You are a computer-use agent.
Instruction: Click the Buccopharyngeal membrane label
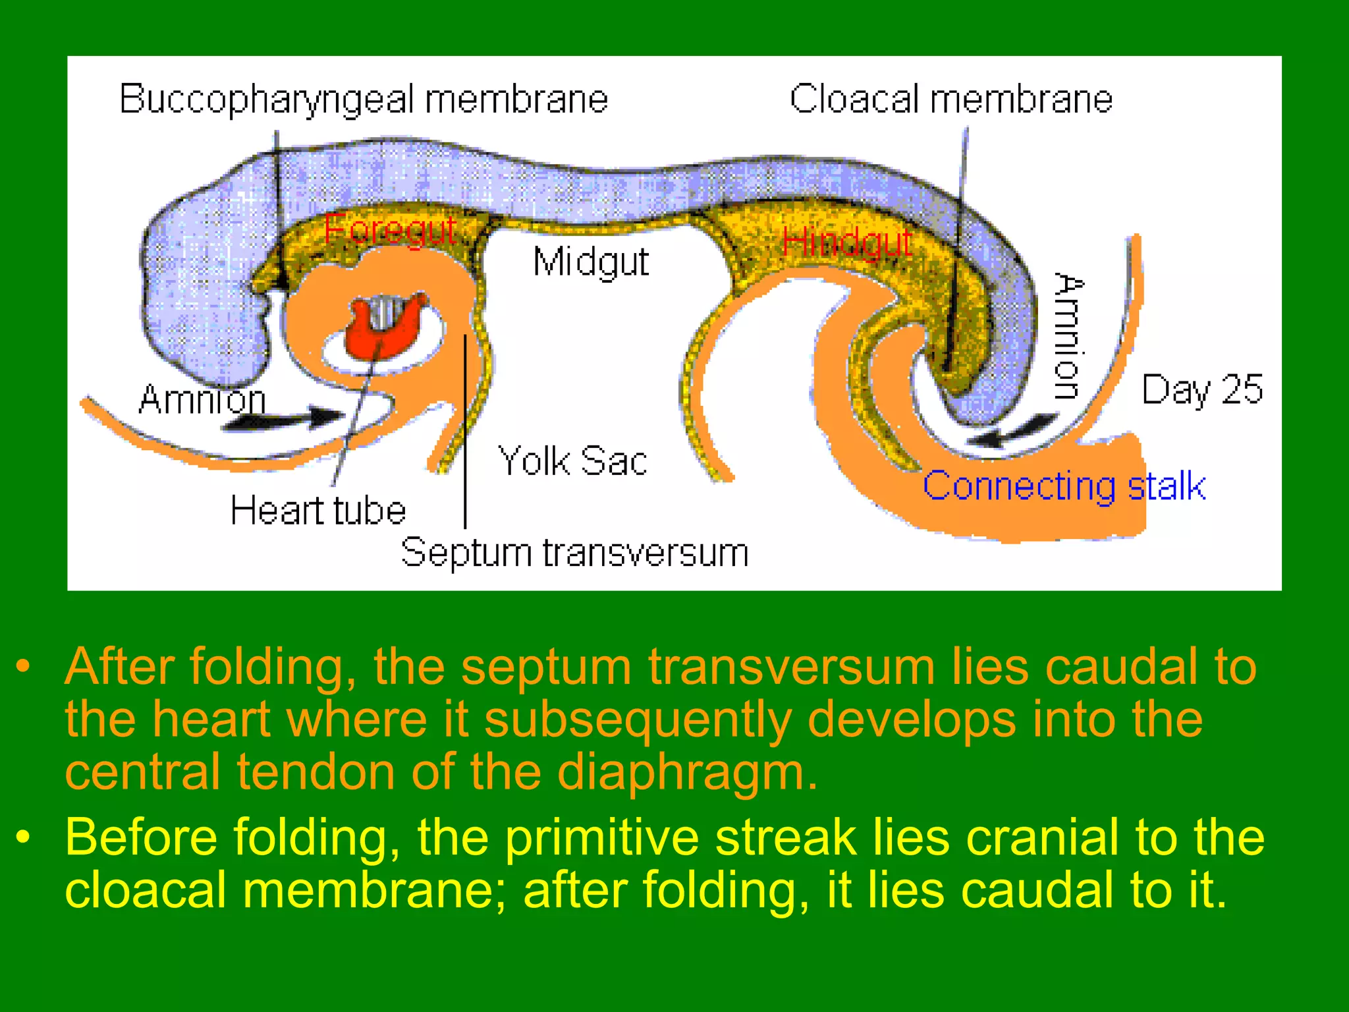[x=363, y=100]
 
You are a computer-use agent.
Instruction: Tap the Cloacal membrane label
[x=950, y=100]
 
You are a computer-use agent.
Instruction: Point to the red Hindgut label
[x=847, y=242]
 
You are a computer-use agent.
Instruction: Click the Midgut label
[x=591, y=262]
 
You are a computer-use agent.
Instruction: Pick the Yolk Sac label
[x=572, y=461]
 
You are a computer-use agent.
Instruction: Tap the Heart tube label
[x=317, y=511]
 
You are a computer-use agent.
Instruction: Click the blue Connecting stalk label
[x=1064, y=487]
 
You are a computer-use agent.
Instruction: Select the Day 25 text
[x=1202, y=389]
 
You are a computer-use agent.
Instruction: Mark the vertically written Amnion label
[x=1068, y=336]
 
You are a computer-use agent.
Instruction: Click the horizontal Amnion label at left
[x=202, y=399]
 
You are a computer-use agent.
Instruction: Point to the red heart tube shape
[x=385, y=326]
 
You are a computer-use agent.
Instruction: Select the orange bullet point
[x=24, y=666]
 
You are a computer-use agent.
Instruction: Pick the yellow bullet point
[x=24, y=837]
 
